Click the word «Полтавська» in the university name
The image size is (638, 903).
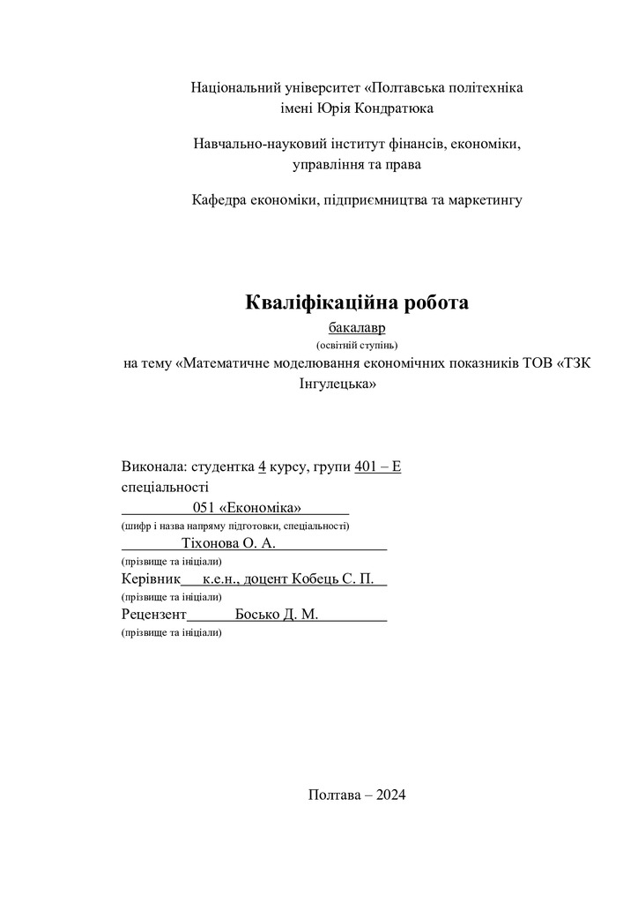(x=412, y=88)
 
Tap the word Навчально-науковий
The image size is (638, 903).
(x=255, y=144)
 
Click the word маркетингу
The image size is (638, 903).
(x=486, y=200)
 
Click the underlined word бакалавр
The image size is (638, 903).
(x=357, y=328)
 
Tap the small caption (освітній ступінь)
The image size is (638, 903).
(x=357, y=345)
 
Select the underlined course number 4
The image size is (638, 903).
(x=262, y=466)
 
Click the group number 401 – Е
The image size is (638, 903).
(x=377, y=466)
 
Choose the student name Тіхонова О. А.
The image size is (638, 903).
(x=228, y=543)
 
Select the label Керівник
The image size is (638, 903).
(x=150, y=579)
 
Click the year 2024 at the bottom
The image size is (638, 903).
(x=390, y=795)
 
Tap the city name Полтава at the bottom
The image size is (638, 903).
(x=334, y=795)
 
